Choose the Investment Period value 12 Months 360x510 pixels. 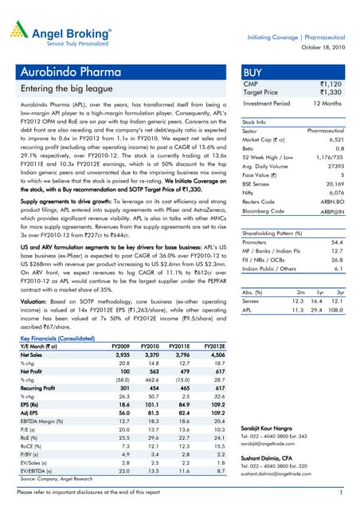tap(335, 104)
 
